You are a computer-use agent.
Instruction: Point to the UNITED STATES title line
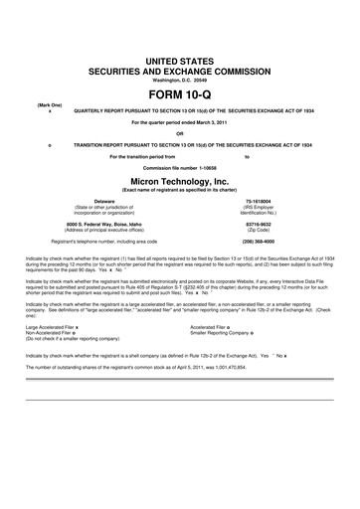[180, 62]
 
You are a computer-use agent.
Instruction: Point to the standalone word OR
[180, 134]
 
